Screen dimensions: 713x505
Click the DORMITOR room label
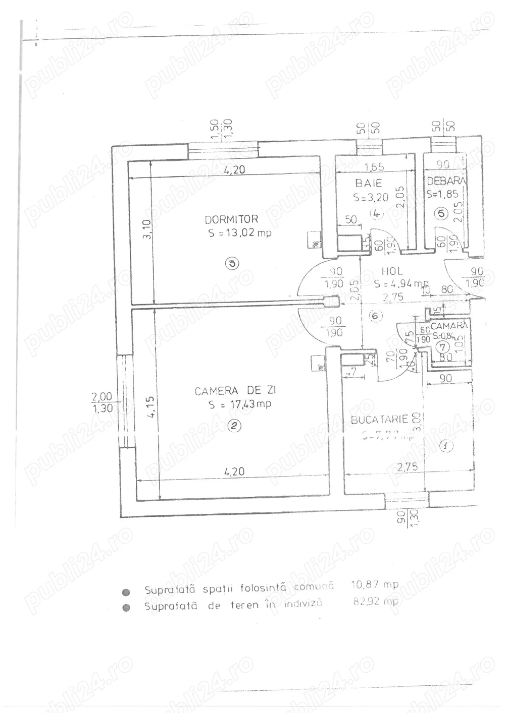(231, 219)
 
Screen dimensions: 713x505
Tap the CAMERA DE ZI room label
(236, 391)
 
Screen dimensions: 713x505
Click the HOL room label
(392, 271)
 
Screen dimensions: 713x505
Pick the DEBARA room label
(446, 181)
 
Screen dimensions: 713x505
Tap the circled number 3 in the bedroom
(231, 263)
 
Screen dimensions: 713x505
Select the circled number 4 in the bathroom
(376, 213)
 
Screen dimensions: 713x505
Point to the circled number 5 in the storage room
(442, 213)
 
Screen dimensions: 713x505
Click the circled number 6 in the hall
(374, 316)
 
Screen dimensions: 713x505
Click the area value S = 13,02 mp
(240, 233)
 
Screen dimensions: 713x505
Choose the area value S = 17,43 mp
(240, 404)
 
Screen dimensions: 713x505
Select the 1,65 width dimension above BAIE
(374, 167)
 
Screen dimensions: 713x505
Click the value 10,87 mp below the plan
(374, 585)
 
